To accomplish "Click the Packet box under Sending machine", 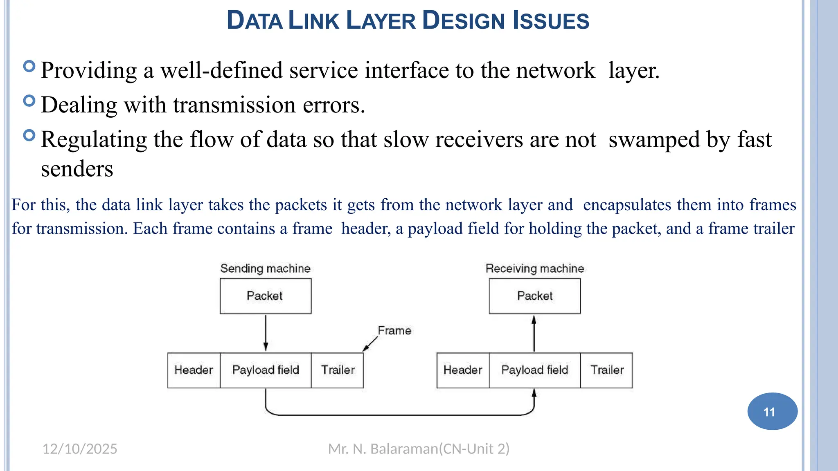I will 266,296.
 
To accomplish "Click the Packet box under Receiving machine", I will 534,296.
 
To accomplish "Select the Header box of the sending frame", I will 194,370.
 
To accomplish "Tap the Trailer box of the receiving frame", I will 606,370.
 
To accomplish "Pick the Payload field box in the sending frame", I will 266,370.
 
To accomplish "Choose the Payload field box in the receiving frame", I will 534,370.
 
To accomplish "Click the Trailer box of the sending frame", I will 337,370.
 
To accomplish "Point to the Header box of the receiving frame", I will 463,370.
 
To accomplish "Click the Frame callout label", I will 394,330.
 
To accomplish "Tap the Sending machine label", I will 265,269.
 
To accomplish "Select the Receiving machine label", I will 534,269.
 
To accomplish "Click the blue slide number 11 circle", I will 772,411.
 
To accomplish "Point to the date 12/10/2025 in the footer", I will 80,449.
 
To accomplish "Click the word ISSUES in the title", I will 551,21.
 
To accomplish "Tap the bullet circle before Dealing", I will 29,101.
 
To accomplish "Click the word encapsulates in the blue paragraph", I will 627,205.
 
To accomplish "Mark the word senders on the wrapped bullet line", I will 77,169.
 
